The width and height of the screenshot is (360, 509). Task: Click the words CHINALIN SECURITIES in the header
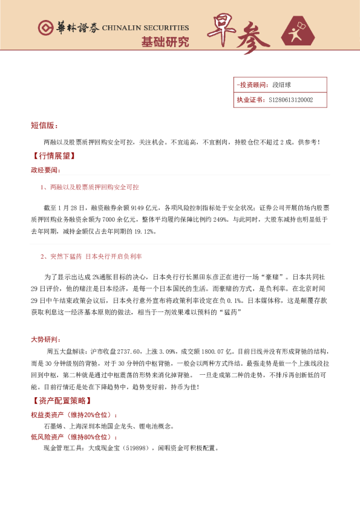pyautogui.click(x=145, y=28)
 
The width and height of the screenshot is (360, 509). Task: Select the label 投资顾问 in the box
pyautogui.click(x=251, y=85)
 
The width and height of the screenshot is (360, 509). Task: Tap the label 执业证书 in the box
pyautogui.click(x=250, y=100)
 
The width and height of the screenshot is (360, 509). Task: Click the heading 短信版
pyautogui.click(x=44, y=125)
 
